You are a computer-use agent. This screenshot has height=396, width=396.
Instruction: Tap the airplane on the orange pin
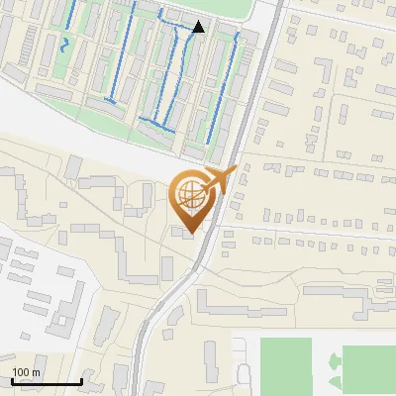pos(219,182)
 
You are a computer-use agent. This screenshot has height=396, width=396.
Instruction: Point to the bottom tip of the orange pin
pos(190,232)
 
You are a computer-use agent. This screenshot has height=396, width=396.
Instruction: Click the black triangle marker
pos(199,27)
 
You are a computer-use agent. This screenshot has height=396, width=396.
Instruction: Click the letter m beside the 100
pos(36,372)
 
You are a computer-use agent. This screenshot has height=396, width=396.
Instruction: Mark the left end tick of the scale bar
pos(13,380)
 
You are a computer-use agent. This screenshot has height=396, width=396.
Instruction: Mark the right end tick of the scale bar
pos(81,380)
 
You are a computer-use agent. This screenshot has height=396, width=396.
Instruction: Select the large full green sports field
pos(286,365)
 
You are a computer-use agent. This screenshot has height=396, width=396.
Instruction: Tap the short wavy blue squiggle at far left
pos(65,45)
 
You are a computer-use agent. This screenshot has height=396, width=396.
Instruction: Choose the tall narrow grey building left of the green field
pos(210,366)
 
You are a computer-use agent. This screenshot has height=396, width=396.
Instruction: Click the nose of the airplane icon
pos(236,171)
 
